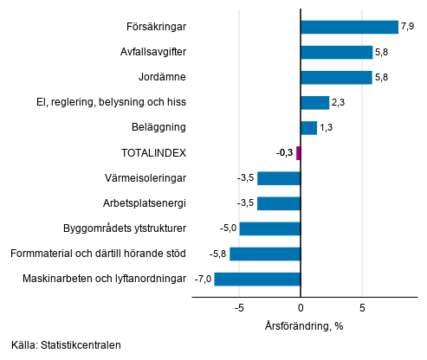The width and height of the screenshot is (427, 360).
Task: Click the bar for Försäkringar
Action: coord(349,27)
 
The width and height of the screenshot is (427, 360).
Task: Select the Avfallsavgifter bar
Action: coord(336,52)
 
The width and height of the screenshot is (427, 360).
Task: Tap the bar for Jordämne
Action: coord(336,77)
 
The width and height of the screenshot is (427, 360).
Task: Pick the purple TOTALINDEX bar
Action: coord(298,153)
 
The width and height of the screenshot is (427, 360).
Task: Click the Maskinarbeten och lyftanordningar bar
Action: coord(257,279)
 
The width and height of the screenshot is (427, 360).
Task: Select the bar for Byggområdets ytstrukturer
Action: coord(269,228)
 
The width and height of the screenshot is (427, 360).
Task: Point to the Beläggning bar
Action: coord(308,128)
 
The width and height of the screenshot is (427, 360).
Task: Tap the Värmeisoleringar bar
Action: coord(279,178)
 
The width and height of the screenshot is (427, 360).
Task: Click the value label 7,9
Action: coord(407,27)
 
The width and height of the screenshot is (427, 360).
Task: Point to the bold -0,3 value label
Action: coord(284,153)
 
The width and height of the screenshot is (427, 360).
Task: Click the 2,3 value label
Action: coord(338,103)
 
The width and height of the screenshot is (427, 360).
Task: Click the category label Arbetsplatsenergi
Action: coord(145,203)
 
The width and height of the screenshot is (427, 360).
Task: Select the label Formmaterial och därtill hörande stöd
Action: coord(97,254)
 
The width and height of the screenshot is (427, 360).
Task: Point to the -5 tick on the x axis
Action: coord(239,307)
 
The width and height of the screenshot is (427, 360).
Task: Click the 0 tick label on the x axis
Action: coord(301,307)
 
